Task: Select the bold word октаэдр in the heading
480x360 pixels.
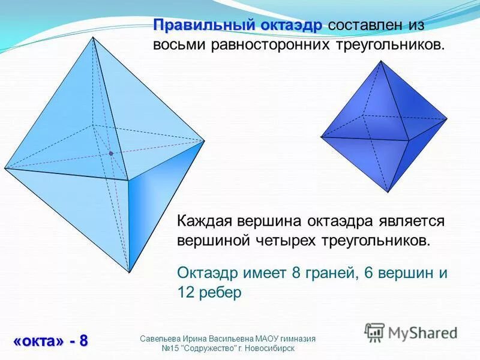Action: pos(290,26)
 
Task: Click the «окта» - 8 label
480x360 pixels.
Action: pos(50,341)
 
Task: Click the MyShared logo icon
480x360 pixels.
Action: pos(374,332)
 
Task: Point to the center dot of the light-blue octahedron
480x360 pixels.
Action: pos(111,154)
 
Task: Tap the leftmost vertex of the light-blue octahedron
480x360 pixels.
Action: pos(5,167)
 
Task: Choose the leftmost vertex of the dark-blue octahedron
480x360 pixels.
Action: pos(321,137)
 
